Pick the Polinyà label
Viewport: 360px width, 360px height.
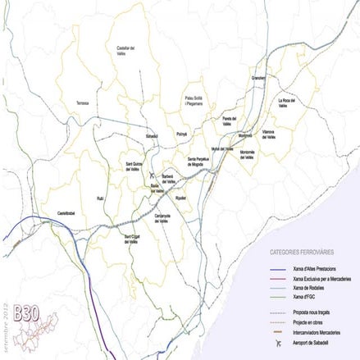coord(182,131)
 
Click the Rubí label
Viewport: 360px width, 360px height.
coord(101,198)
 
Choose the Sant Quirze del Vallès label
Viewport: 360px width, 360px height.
coord(137,166)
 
